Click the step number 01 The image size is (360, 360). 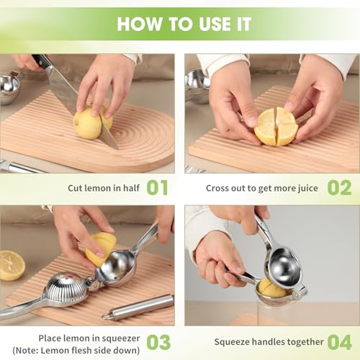pos(157,187)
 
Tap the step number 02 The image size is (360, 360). pos(339,187)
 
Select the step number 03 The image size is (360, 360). pos(158,342)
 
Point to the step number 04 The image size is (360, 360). pos(340,342)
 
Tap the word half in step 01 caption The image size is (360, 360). pos(131,188)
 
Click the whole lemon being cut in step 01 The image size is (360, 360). pos(92,122)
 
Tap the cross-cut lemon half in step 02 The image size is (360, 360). pos(276,127)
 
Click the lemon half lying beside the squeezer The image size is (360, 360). pos(12,266)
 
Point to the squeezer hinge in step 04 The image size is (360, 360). pos(300,292)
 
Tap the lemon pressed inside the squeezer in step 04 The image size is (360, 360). pos(272,287)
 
